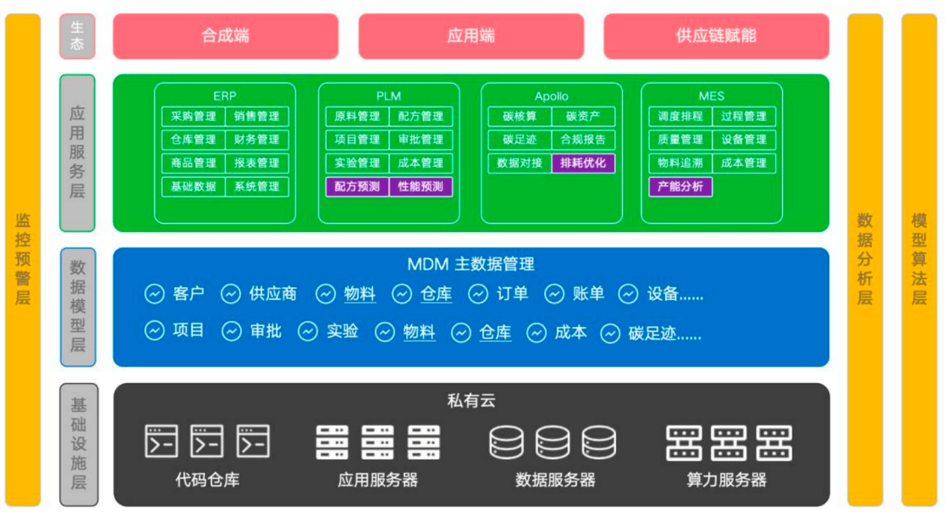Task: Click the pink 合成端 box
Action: coord(225,36)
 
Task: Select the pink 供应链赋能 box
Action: coord(715,36)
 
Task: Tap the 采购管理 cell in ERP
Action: coord(194,117)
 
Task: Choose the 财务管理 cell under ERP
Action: coord(256,140)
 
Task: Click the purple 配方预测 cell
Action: coord(357,186)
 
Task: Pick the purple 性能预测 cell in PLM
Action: coord(420,186)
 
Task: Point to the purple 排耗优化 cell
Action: coord(583,163)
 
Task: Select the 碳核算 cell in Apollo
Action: coord(520,117)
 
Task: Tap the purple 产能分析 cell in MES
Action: coord(680,186)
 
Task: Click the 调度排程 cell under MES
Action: coord(680,117)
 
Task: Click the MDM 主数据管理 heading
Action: coord(470,263)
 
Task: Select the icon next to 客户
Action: coord(154,294)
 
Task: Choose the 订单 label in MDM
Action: coord(512,294)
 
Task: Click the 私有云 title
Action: coord(471,401)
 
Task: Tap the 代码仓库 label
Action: coord(207,480)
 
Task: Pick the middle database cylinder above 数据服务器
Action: coord(553,441)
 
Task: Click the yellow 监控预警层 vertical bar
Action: coord(23,259)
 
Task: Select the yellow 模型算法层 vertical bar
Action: coord(919,259)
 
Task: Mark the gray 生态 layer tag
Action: coord(77,36)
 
